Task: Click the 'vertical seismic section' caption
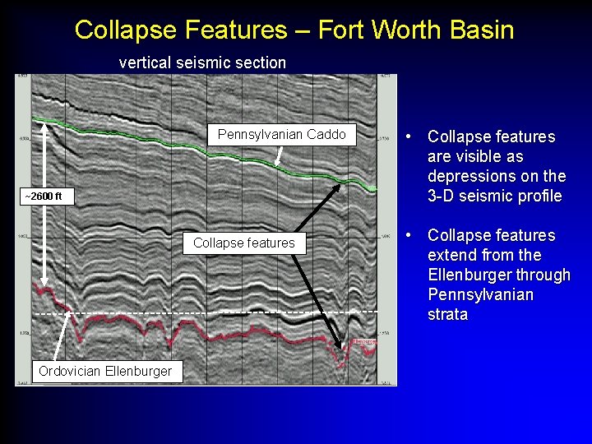pyautogui.click(x=202, y=62)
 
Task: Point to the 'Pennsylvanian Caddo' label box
pyautogui.click(x=281, y=135)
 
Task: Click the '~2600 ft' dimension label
pyautogui.click(x=47, y=197)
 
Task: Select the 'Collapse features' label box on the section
pyautogui.click(x=243, y=243)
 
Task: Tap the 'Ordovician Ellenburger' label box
pyautogui.click(x=105, y=371)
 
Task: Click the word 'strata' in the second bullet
pyautogui.click(x=447, y=314)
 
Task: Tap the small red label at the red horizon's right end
pyautogui.click(x=364, y=340)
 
